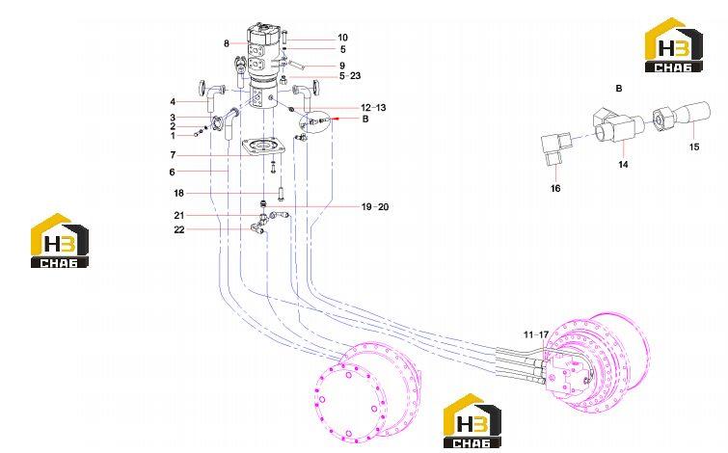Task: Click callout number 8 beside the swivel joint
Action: [226, 43]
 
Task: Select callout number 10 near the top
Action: [342, 38]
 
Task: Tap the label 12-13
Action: [373, 108]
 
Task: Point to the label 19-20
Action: [375, 207]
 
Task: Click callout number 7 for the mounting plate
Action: [173, 155]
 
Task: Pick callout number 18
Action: [178, 193]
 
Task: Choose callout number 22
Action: [179, 229]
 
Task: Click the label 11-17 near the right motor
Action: [536, 334]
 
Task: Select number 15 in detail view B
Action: [694, 147]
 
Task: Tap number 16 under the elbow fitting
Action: [555, 189]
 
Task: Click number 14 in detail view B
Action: [623, 164]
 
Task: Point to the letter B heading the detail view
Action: [618, 88]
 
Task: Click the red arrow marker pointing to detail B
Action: [336, 119]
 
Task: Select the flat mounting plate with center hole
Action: [263, 147]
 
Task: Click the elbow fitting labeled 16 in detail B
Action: [556, 149]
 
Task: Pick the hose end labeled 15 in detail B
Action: [682, 117]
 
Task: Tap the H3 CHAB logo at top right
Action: [673, 45]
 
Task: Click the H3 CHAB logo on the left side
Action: [60, 240]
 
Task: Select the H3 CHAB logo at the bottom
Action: [472, 421]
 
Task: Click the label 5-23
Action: [350, 75]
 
